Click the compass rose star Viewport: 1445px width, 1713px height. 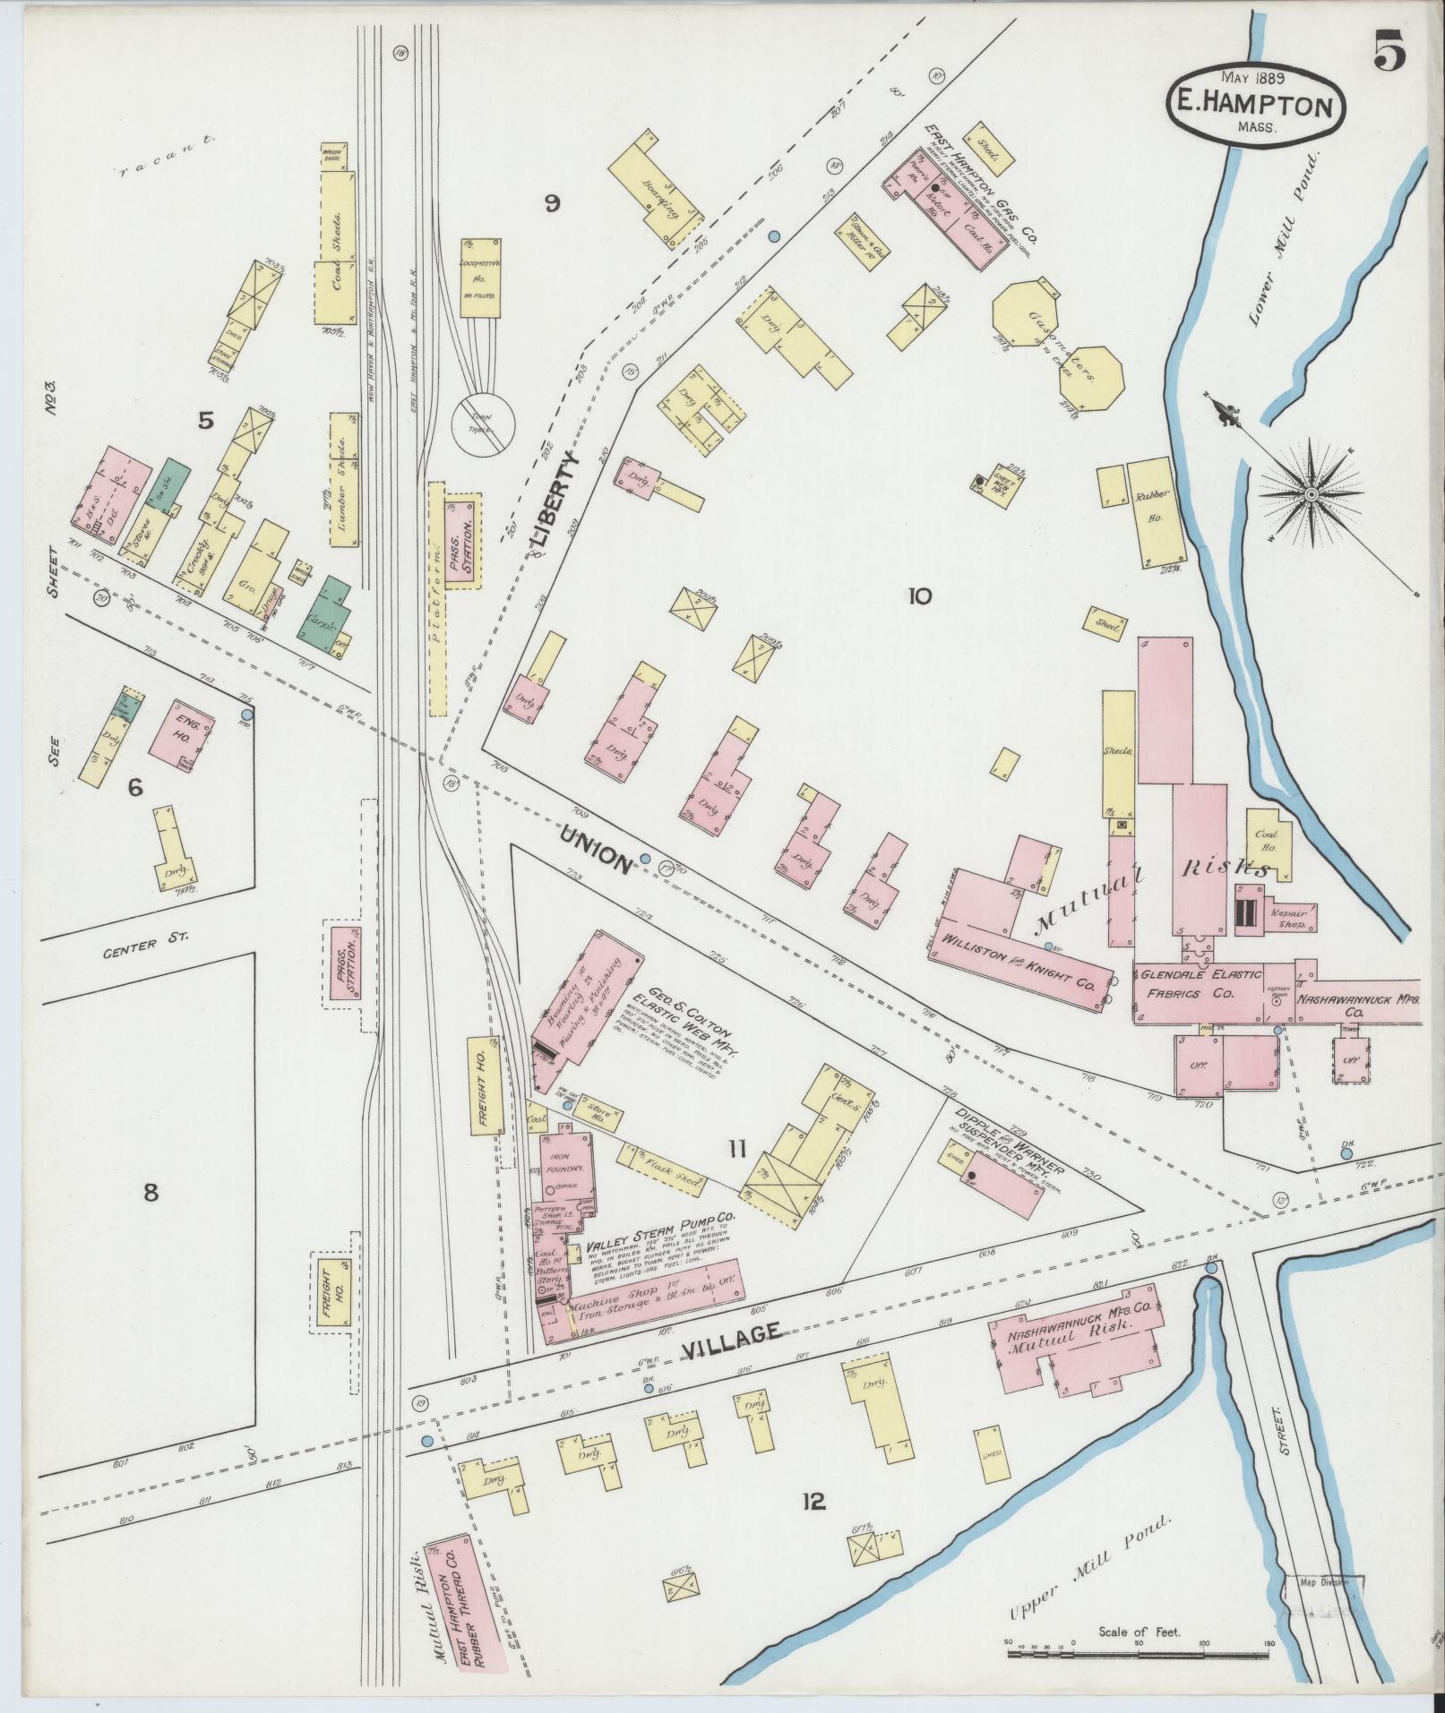click(x=1311, y=493)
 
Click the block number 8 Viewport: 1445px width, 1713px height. click(x=150, y=1191)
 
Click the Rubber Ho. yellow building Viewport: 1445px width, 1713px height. click(x=1150, y=513)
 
